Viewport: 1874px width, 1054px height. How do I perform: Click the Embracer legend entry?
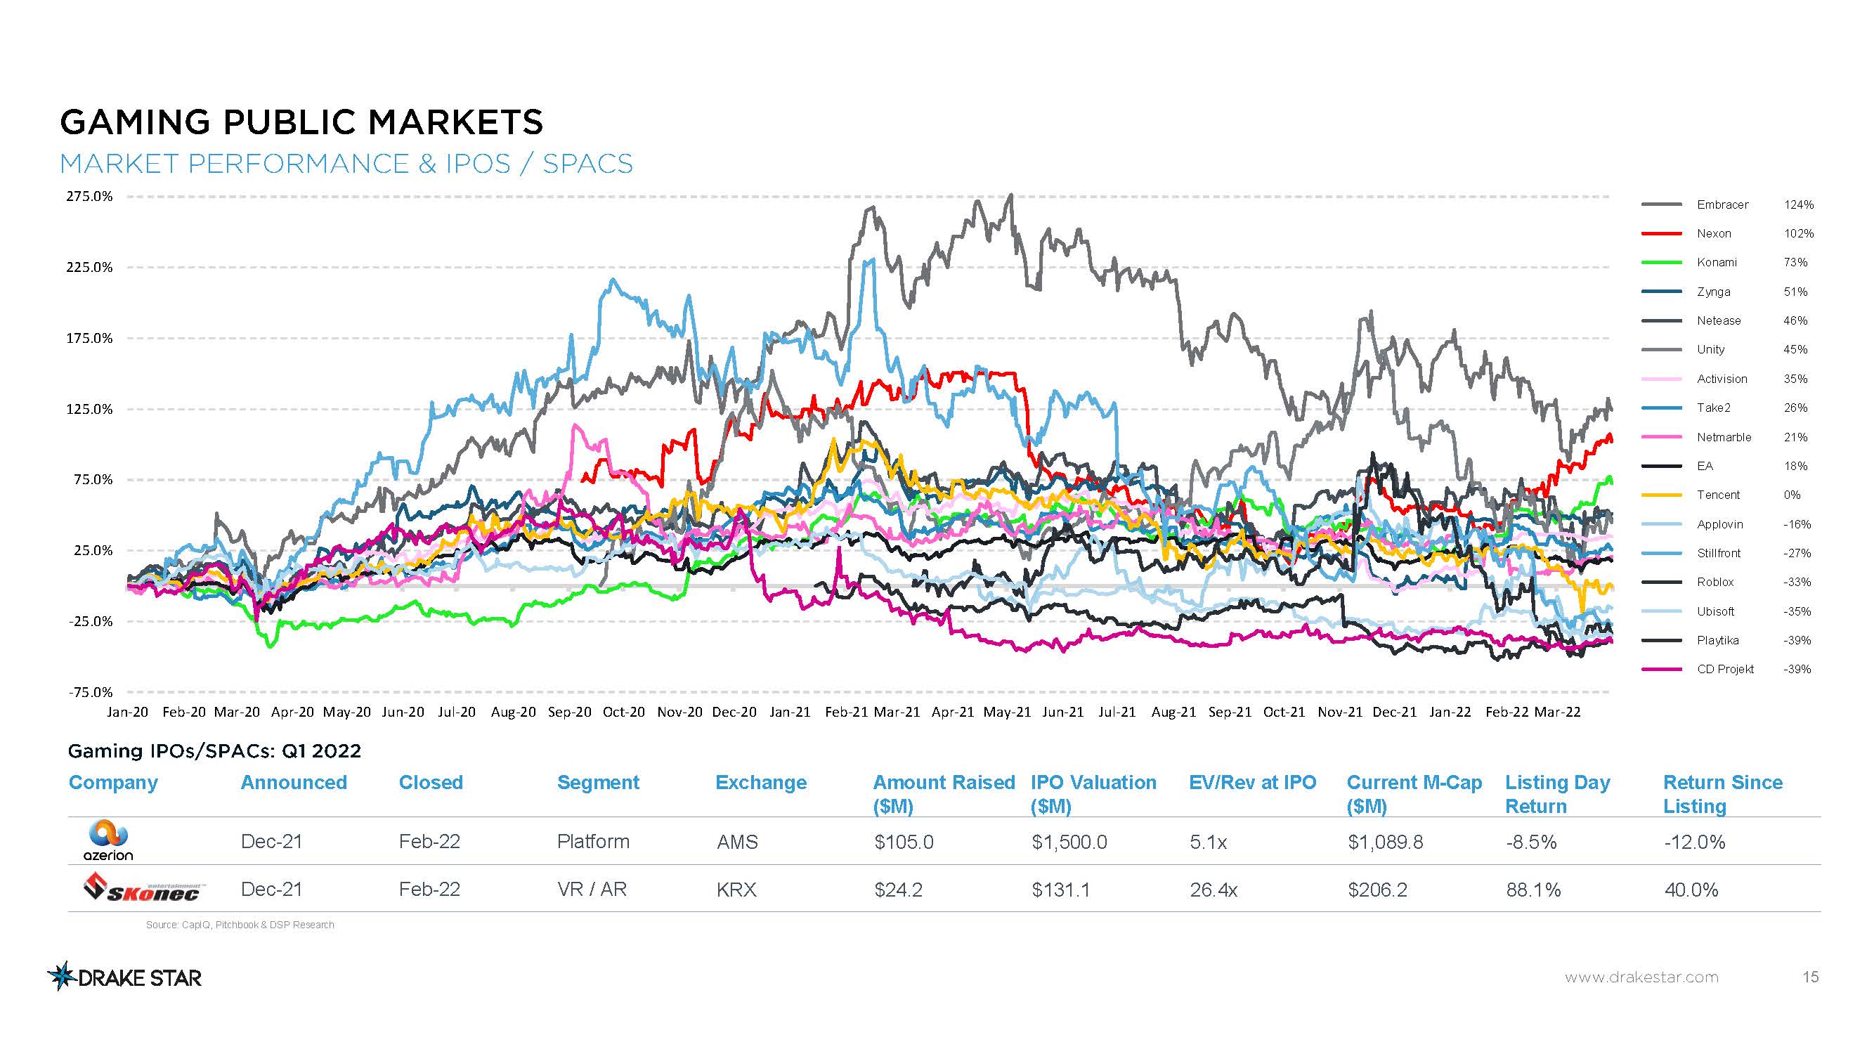pyautogui.click(x=1722, y=204)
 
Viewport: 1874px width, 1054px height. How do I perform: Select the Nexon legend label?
pyautogui.click(x=1713, y=233)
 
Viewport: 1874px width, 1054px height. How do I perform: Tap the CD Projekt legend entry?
pyautogui.click(x=1725, y=669)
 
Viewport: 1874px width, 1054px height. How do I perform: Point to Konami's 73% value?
pyautogui.click(x=1795, y=263)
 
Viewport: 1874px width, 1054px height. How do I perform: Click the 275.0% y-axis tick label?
pyautogui.click(x=89, y=197)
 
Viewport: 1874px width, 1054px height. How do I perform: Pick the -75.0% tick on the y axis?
pyautogui.click(x=90, y=691)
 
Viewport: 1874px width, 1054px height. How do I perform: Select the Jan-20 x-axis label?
pyautogui.click(x=127, y=712)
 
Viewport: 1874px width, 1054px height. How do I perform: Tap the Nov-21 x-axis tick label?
pyautogui.click(x=1339, y=712)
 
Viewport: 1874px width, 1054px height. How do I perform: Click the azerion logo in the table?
pyautogui.click(x=108, y=841)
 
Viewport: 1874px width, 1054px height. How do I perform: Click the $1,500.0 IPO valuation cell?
pyautogui.click(x=1069, y=842)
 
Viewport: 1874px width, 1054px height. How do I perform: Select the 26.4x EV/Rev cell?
pyautogui.click(x=1213, y=890)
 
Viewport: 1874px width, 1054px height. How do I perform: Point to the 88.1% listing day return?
pyautogui.click(x=1533, y=890)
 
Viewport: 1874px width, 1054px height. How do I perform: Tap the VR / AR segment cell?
pyautogui.click(x=592, y=890)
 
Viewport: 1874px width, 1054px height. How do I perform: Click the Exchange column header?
pyautogui.click(x=760, y=783)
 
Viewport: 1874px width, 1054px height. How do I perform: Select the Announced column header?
pyautogui.click(x=293, y=783)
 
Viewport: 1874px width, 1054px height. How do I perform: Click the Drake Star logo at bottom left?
pyautogui.click(x=124, y=977)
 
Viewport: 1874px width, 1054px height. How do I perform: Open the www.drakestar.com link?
pyautogui.click(x=1641, y=977)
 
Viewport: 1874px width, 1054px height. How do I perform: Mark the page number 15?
pyautogui.click(x=1810, y=977)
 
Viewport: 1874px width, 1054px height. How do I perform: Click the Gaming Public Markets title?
pyautogui.click(x=301, y=122)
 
